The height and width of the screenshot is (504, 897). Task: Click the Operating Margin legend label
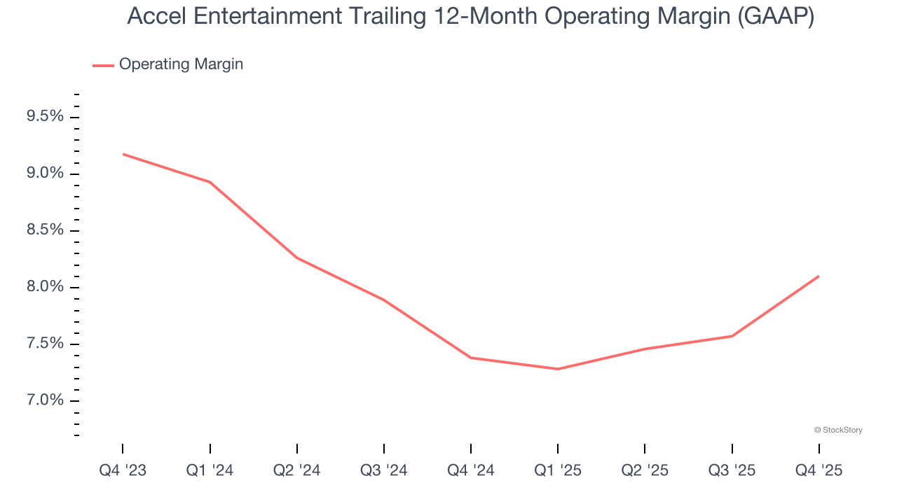pos(181,64)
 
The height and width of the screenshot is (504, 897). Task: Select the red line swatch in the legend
pos(103,65)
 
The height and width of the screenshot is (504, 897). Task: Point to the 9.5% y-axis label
pos(45,116)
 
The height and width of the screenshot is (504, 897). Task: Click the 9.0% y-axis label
pos(45,174)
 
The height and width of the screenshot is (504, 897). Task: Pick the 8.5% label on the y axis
pos(45,230)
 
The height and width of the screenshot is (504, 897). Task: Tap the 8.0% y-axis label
pos(45,287)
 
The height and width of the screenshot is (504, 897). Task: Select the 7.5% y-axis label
pos(45,344)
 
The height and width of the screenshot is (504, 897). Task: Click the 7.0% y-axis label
pos(45,400)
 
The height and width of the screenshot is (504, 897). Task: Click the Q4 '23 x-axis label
pos(123,470)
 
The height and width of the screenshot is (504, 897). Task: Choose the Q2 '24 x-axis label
pos(296,470)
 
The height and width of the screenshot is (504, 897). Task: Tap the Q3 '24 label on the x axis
pos(384,470)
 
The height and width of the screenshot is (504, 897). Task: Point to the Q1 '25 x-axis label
pos(558,470)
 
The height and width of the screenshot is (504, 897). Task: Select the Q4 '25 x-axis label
pos(819,470)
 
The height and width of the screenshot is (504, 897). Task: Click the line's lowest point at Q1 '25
pos(558,369)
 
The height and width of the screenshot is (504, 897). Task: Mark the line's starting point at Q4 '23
pos(123,154)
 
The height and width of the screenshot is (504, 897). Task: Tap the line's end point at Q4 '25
pos(819,276)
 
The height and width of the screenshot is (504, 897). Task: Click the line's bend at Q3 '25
pos(732,336)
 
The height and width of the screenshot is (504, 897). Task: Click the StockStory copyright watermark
pos(838,430)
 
